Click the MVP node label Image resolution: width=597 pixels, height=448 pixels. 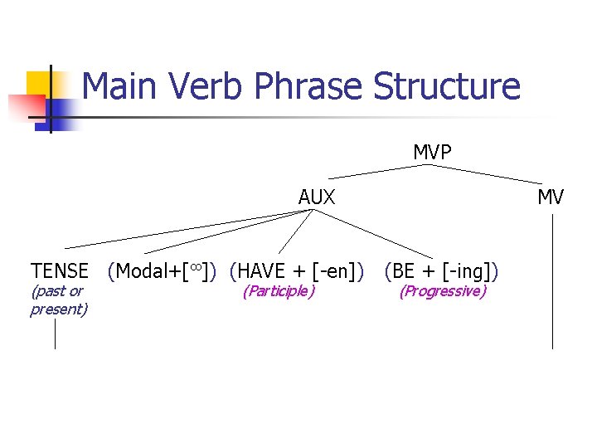(432, 153)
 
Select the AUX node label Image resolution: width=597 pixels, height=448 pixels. (317, 197)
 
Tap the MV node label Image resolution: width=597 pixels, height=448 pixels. (551, 197)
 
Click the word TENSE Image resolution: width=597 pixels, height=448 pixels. (60, 270)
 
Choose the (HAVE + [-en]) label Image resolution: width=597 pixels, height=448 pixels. (297, 270)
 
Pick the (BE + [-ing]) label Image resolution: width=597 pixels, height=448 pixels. (441, 270)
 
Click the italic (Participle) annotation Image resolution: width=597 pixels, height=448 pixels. (278, 291)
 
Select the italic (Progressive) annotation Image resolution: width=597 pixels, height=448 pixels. (442, 291)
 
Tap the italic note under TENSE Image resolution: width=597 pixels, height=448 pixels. (58, 300)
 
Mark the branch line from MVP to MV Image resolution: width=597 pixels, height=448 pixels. (489, 174)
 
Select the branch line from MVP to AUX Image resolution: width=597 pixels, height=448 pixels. (377, 172)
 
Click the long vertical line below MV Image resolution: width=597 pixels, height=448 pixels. (552, 282)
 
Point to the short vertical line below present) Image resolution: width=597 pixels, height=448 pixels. (55, 334)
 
